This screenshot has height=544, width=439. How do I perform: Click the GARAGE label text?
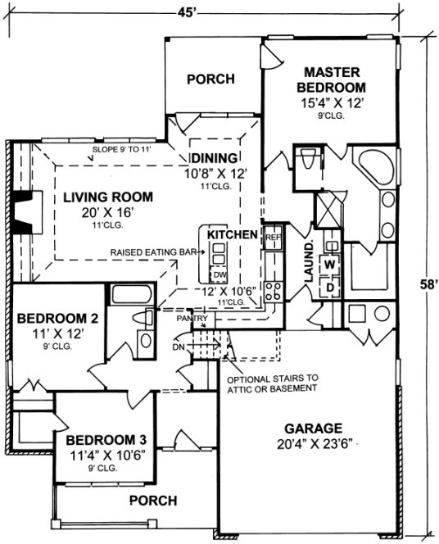coord(313,428)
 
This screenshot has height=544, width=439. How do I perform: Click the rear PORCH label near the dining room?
coord(210,79)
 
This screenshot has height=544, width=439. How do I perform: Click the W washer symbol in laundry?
coord(330,265)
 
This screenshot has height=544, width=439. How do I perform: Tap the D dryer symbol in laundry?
coord(330,287)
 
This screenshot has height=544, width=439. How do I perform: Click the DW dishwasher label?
coord(219,274)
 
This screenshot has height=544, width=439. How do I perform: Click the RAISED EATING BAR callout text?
coord(153,254)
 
